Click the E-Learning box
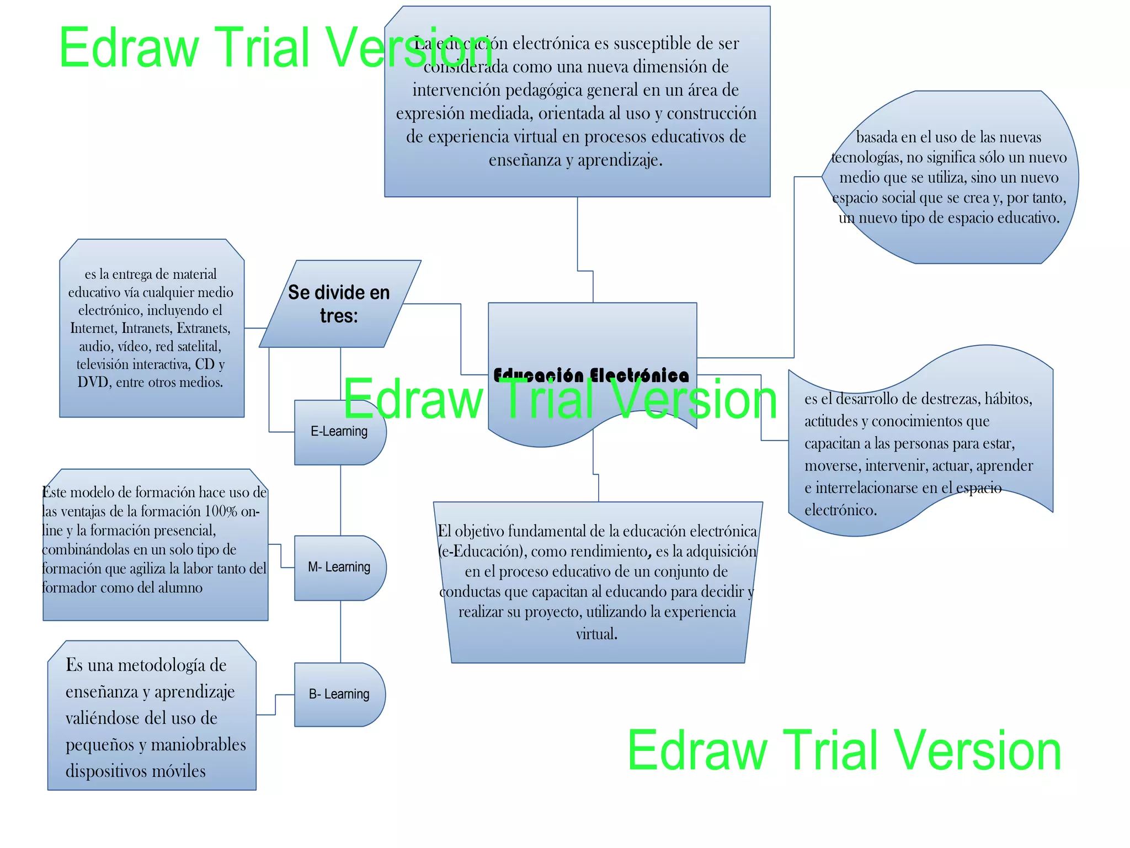[x=339, y=432]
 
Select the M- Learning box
[x=339, y=568]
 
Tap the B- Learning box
[x=339, y=695]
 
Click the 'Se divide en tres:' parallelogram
[x=339, y=304]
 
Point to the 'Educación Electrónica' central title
[x=591, y=375]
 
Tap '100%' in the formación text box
[x=221, y=511]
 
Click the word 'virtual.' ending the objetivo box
[x=596, y=634]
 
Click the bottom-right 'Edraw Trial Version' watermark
[x=844, y=751]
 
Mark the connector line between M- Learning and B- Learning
[x=340, y=632]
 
